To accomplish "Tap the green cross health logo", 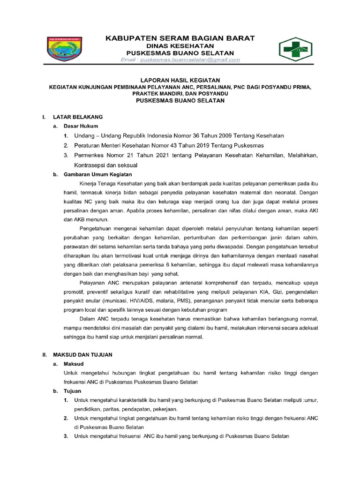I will pyautogui.click(x=299, y=49).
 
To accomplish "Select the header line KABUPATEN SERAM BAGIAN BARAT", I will pyautogui.click(x=180, y=37).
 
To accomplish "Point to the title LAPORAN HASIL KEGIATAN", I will pyautogui.click(x=180, y=81).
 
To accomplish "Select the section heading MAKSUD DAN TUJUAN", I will pyautogui.click(x=82, y=355).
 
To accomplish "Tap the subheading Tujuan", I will pyautogui.click(x=73, y=390).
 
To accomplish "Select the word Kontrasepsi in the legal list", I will pyautogui.click(x=91, y=165).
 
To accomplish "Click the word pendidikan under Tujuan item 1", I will pyautogui.click(x=89, y=409).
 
